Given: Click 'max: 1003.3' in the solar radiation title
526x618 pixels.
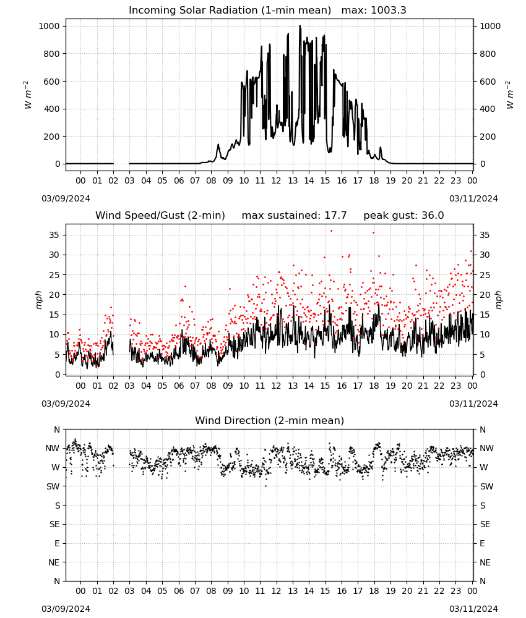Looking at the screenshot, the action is [374, 11].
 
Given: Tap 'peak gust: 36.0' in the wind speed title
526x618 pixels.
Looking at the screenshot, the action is [403, 216].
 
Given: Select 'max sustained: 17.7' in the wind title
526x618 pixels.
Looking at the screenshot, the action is [294, 216].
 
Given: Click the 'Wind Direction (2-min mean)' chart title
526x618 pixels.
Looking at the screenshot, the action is [270, 420].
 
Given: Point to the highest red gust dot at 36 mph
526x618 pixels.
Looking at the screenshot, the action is [332, 231].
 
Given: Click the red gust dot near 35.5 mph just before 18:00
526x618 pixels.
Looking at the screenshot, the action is [374, 233].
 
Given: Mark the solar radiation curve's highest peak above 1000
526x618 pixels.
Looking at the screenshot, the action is [300, 26].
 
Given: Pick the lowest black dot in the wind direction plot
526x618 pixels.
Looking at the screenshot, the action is [265, 486].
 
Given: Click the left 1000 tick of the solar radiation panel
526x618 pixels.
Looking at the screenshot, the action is [50, 26].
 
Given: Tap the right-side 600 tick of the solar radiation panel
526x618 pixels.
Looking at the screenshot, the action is [488, 82].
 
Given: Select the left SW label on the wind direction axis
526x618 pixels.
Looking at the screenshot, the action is [53, 486].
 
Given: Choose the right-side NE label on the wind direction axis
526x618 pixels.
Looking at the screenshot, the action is [485, 562].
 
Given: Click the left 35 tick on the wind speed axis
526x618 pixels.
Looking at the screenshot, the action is [54, 235].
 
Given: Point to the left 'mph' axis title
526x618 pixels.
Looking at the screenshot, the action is [38, 300].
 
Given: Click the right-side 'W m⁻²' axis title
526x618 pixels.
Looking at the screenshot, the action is [509, 95].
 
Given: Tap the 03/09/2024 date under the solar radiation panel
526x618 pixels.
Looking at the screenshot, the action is [66, 198].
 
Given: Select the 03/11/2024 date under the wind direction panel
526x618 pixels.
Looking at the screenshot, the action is [473, 609].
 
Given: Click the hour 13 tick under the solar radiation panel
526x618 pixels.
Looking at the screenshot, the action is [293, 180].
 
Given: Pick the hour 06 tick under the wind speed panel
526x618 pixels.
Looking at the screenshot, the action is [179, 386].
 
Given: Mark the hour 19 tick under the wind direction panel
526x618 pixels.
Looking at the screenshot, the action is [390, 591].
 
